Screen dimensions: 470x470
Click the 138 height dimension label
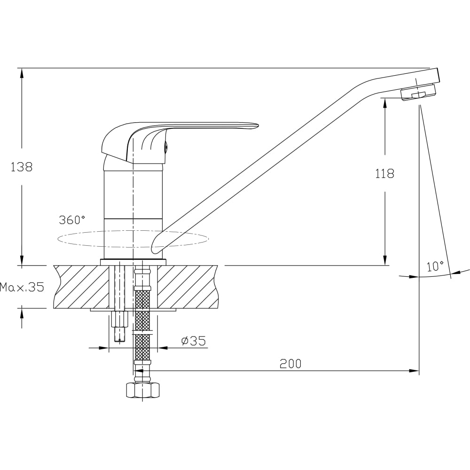tap(21, 167)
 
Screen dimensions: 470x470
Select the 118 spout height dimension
tap(385, 173)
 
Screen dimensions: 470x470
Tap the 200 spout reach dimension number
tap(290, 364)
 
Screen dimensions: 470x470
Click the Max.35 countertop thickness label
tap(22, 287)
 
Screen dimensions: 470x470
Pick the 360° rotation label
tap(72, 219)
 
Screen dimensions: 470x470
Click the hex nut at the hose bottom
tap(142, 390)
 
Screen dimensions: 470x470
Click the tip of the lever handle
tap(257, 125)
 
